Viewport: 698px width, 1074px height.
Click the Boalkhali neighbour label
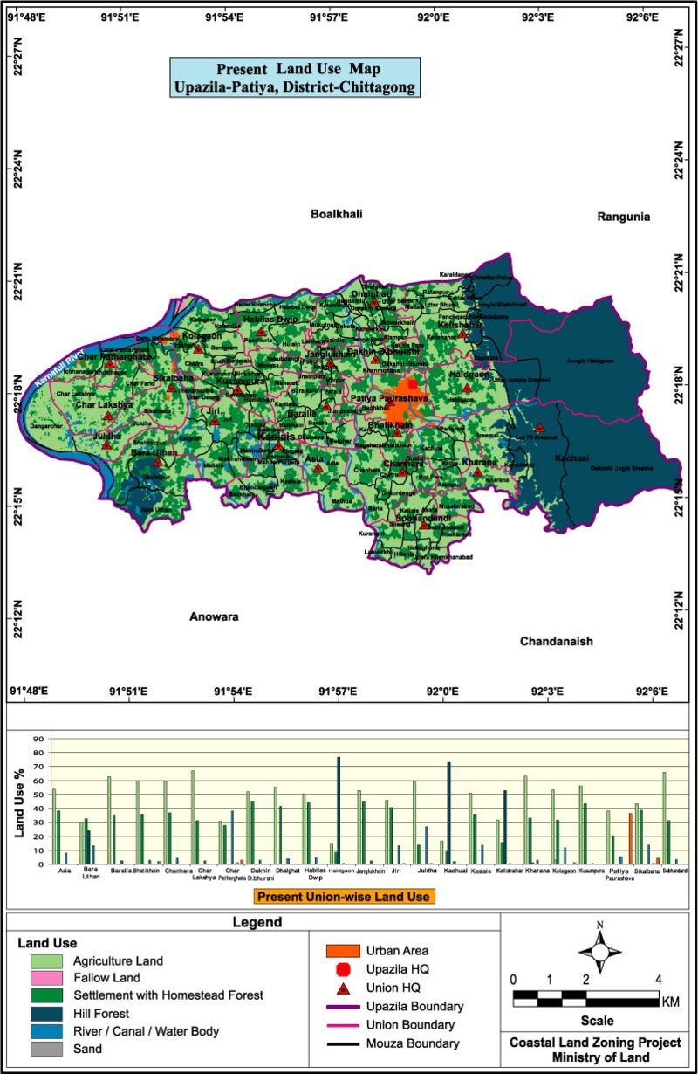coord(336,214)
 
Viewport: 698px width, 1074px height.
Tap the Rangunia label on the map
coord(623,216)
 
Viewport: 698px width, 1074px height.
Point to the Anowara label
coord(214,616)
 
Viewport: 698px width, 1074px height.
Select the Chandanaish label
coord(557,641)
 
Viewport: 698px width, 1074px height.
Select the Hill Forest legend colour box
coord(39,1014)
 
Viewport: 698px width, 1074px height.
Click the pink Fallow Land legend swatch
coord(39,978)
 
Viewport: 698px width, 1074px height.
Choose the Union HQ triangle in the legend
coord(344,988)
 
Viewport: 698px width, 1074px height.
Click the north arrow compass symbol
coord(599,948)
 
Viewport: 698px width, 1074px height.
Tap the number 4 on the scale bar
coord(658,978)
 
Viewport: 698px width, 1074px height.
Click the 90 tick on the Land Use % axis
coord(39,739)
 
